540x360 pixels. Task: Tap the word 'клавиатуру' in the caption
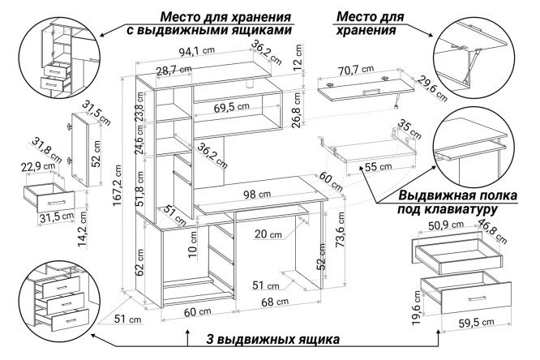[x=463, y=210]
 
